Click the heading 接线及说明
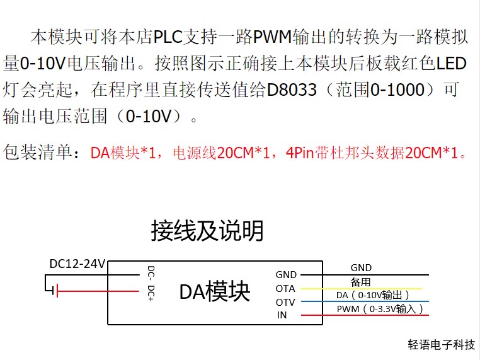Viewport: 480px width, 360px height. [x=207, y=231]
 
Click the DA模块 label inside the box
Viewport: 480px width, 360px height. [x=215, y=291]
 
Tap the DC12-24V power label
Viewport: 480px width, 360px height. [x=77, y=264]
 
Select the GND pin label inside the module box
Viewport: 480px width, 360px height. [x=286, y=275]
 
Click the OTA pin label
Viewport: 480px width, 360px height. [x=285, y=289]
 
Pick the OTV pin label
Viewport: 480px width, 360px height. [x=285, y=302]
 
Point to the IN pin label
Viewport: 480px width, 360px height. [x=282, y=315]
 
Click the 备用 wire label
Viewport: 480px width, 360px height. [x=361, y=282]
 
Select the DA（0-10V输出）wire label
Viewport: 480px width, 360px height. [x=373, y=295]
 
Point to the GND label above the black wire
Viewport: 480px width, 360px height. [x=362, y=268]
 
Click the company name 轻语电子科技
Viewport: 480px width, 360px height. [x=441, y=345]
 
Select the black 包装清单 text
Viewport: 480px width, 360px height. [x=40, y=153]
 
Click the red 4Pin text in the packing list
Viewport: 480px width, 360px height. [x=299, y=153]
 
